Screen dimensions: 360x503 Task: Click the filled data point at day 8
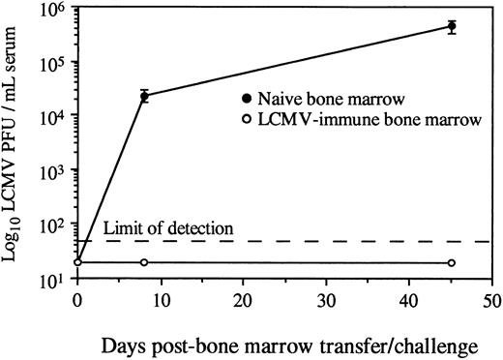144,96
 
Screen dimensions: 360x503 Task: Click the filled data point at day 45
451,26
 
